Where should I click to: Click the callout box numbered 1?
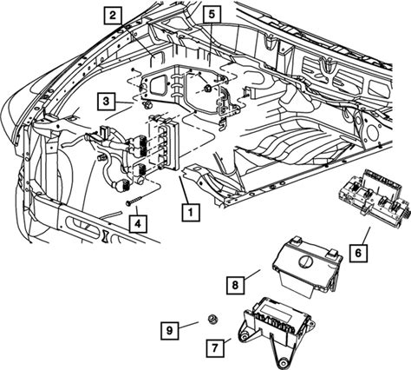coord(191,213)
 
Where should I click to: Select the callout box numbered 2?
coord(113,15)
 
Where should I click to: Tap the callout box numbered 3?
coord(107,102)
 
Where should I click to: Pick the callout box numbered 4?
coord(138,223)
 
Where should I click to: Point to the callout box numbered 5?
coord(212,15)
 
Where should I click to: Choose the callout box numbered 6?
coord(358,254)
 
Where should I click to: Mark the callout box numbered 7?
coord(215,348)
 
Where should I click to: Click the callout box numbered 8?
coord(235,285)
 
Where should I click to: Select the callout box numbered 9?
coord(170,330)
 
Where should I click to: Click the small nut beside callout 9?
coord(212,319)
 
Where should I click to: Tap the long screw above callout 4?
coord(134,201)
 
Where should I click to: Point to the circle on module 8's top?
coord(305,261)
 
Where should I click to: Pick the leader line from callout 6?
coord(366,235)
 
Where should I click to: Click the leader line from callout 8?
coord(252,274)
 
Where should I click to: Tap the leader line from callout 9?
coord(188,325)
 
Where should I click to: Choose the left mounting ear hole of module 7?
coord(245,337)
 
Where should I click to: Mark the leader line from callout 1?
coord(185,190)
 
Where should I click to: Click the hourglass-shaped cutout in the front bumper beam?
coord(105,236)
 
